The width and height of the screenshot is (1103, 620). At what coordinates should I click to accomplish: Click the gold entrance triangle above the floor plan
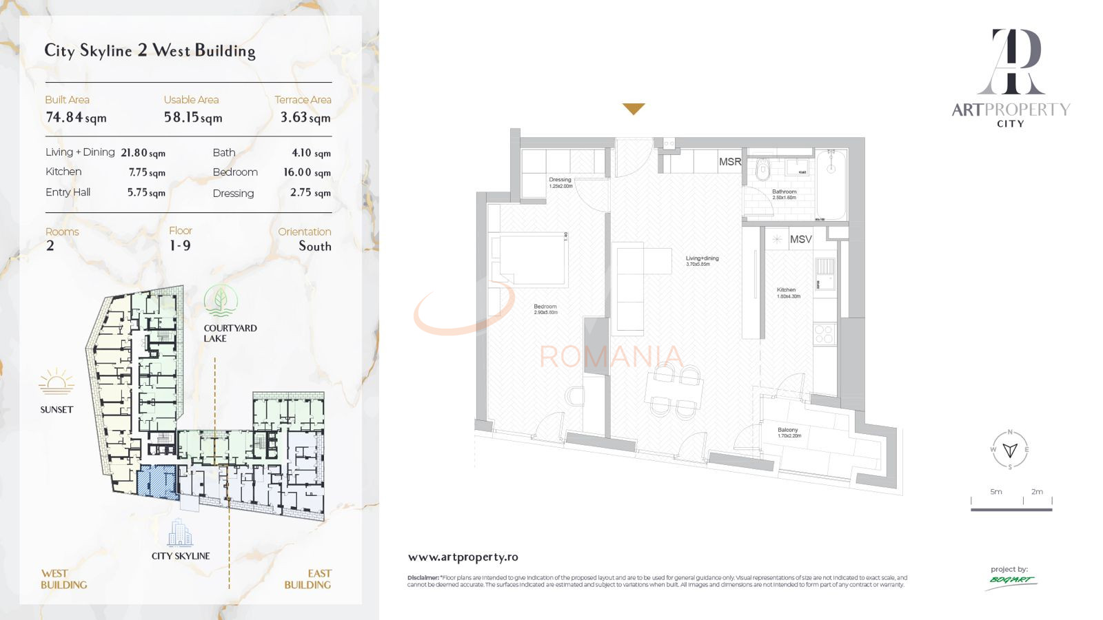(634, 109)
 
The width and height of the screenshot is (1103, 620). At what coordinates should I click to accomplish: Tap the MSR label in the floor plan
(729, 162)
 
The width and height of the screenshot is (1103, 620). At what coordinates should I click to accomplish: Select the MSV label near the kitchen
(800, 239)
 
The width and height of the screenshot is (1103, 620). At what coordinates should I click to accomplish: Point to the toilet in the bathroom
(762, 169)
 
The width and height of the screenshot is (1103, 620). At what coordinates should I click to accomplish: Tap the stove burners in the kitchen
(824, 334)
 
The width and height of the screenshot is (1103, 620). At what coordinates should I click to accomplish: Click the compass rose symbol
(1010, 450)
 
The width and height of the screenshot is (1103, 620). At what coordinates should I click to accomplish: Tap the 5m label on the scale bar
(996, 492)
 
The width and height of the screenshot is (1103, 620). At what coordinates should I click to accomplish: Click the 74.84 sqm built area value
(76, 118)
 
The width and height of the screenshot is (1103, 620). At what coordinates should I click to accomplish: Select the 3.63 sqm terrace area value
(305, 118)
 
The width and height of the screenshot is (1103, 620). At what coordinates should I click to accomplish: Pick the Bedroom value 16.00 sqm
(307, 172)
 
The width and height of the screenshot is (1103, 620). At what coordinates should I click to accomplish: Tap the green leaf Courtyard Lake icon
(221, 301)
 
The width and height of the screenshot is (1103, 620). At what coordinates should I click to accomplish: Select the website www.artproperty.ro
(463, 557)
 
